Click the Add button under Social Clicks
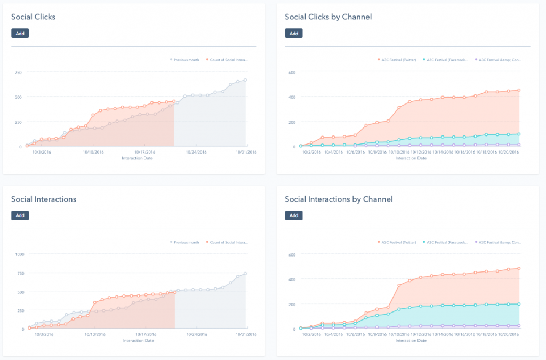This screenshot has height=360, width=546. (20, 33)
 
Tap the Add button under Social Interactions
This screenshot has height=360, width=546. (20, 215)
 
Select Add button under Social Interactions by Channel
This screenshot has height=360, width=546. (293, 215)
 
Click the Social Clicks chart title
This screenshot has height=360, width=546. (33, 17)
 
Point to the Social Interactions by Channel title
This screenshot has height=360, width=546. (339, 199)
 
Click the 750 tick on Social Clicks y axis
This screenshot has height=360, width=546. (18, 72)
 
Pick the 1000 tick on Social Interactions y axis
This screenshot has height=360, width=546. (19, 254)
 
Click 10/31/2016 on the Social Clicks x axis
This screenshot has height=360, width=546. (246, 152)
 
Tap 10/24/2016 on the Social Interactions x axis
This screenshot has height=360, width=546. (196, 334)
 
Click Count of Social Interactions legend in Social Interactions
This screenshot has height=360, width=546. (229, 242)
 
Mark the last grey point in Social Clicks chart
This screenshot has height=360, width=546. (245, 80)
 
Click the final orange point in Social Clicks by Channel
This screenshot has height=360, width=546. (519, 90)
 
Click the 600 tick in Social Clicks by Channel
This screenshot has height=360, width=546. (292, 72)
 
